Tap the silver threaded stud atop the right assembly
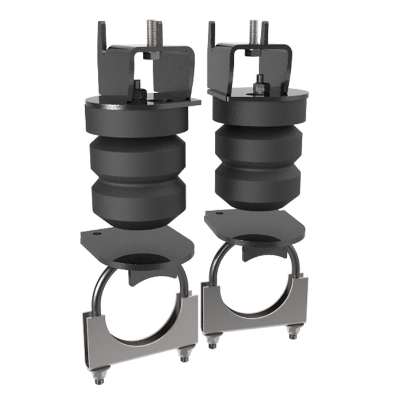click(253, 32)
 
